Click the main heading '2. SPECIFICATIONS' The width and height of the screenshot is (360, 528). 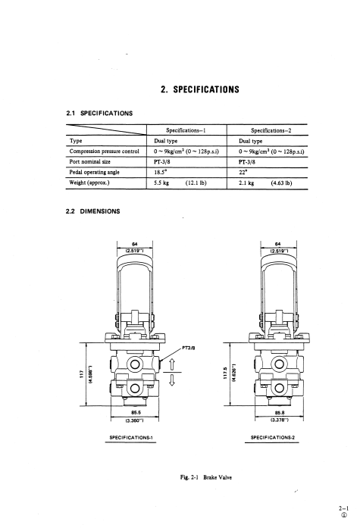point(200,89)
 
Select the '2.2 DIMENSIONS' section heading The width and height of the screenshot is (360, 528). point(93,211)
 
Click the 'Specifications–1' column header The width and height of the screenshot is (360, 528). point(186,130)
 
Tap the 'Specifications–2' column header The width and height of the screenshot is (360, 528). point(271,130)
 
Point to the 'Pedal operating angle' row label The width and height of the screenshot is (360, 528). point(94,172)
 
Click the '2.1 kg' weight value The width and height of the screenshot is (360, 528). point(246,183)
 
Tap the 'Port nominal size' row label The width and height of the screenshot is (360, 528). point(90,161)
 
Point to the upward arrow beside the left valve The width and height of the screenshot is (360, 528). point(172,364)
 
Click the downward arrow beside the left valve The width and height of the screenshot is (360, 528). point(172,380)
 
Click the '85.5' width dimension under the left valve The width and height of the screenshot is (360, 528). point(136,413)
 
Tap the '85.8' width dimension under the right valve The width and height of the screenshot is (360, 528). point(279,413)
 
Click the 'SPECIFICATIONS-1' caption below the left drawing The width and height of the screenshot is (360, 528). point(131,437)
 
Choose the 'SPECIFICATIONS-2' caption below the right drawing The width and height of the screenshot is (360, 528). point(273,437)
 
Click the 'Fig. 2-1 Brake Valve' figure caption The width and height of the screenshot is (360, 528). point(206,477)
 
